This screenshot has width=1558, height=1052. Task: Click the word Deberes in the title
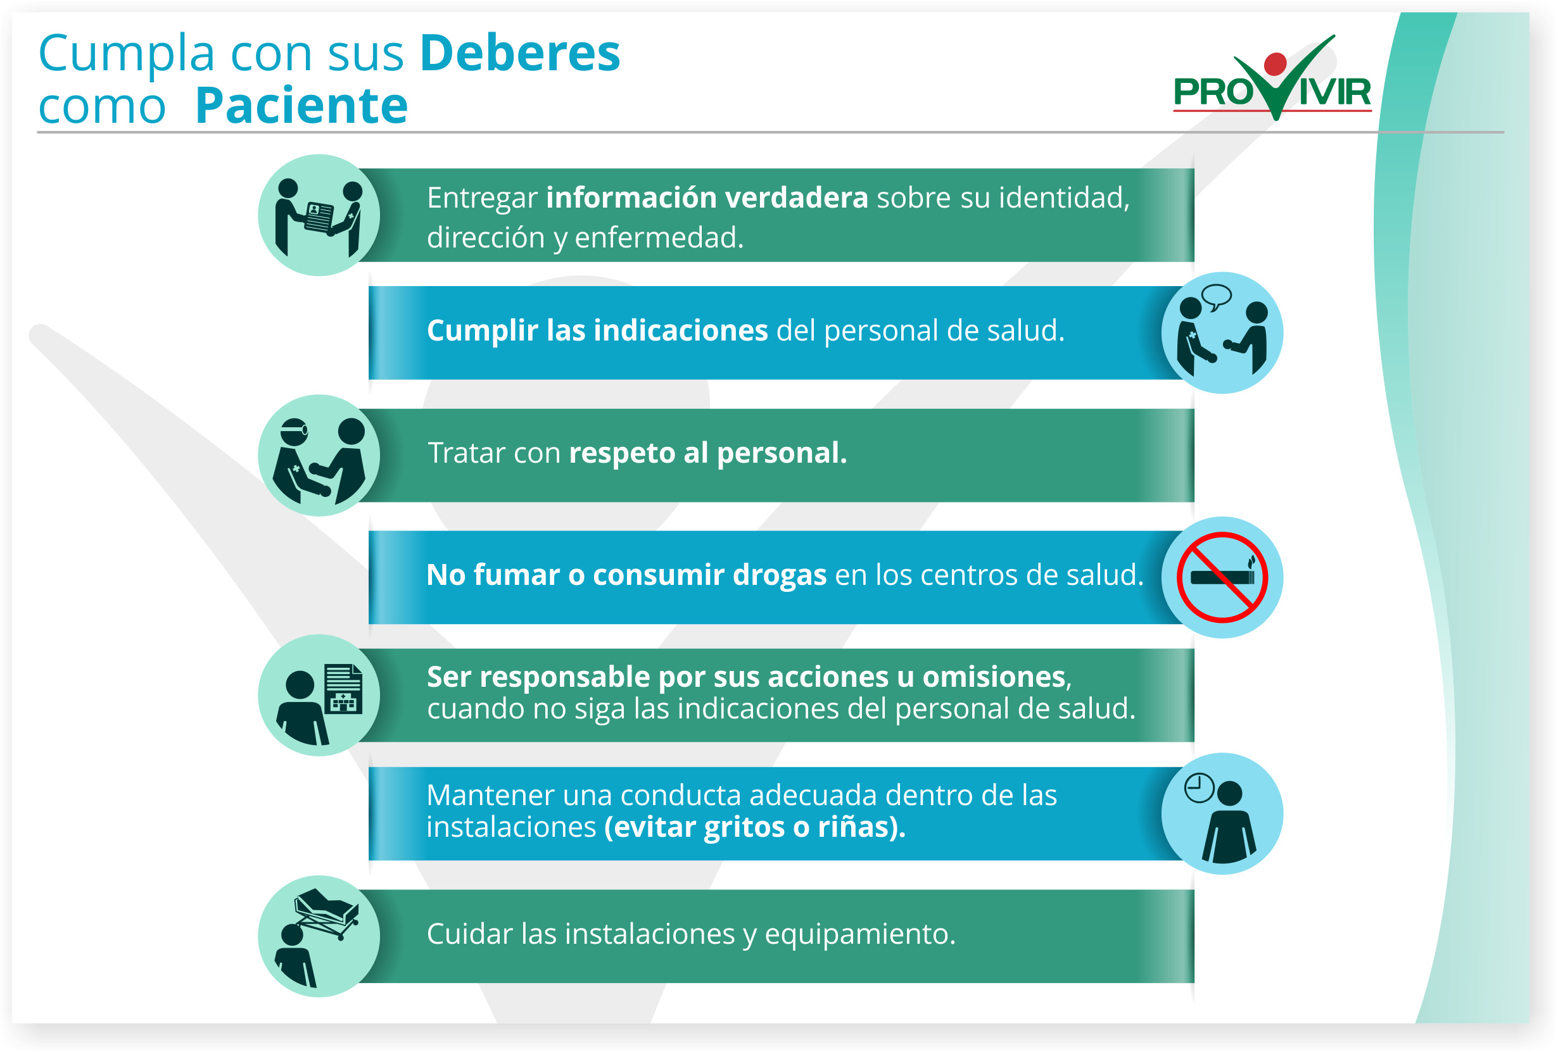pos(520,53)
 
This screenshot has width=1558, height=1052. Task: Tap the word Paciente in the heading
pos(301,105)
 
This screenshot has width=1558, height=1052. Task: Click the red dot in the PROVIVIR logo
pos(1275,64)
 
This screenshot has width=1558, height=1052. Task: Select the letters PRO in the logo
pos(1213,92)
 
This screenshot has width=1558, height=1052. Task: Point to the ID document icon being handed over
pos(319,216)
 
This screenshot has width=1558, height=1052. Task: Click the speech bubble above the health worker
pos(1216,296)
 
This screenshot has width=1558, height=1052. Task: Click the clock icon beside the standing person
pos(1200,787)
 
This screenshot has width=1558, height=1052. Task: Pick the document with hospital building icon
pos(343,689)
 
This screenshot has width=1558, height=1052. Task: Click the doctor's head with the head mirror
pos(294,431)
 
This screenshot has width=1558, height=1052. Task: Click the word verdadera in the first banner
pos(797,197)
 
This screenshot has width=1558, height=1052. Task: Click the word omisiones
pos(994,677)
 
